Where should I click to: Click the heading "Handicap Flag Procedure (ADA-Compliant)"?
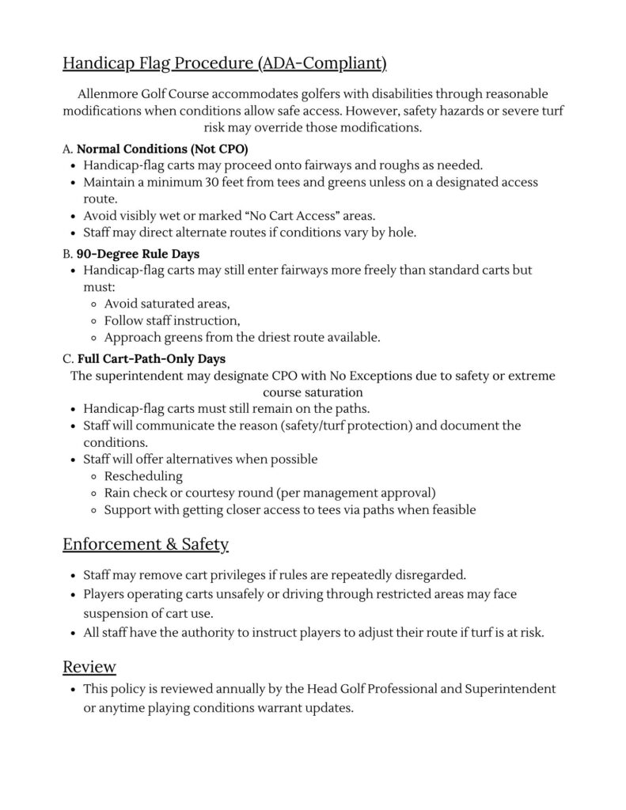(x=224, y=62)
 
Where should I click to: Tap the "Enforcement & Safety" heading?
(x=146, y=544)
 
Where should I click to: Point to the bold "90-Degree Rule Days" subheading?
(x=138, y=253)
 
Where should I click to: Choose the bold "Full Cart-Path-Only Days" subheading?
(x=151, y=358)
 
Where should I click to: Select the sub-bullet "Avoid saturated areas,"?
(x=167, y=303)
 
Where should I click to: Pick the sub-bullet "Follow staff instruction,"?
(x=172, y=320)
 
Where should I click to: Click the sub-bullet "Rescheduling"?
(x=143, y=476)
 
